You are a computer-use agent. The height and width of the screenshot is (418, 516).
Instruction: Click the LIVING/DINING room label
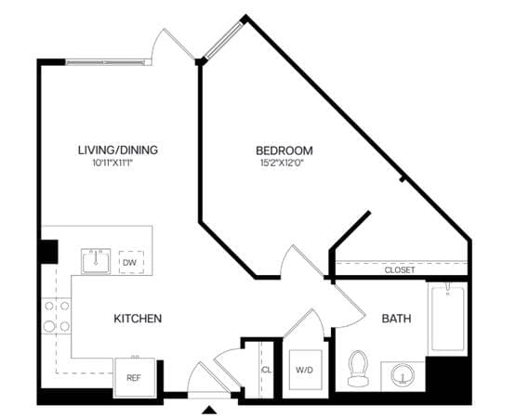click(118, 150)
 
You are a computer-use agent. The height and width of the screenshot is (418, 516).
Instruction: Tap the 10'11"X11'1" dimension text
click(112, 163)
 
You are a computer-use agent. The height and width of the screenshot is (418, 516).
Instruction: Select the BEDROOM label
click(284, 150)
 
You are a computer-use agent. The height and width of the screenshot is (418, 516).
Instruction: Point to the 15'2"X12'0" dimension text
click(282, 163)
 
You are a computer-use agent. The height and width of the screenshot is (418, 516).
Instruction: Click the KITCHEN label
click(138, 319)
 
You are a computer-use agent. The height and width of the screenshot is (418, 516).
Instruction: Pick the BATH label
click(396, 319)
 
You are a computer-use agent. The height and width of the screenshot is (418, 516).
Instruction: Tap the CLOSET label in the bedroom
click(400, 270)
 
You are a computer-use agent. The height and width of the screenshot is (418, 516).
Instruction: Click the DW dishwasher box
click(131, 262)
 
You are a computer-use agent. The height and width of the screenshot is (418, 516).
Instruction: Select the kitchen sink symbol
click(96, 261)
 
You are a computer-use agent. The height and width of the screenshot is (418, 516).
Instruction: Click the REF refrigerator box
click(135, 378)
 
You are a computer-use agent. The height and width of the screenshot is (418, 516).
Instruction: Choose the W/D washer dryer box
click(305, 370)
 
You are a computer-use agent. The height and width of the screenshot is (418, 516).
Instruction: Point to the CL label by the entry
click(267, 370)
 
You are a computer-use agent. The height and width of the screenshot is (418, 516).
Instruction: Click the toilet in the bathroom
click(358, 369)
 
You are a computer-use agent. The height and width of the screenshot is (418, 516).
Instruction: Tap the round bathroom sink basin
click(403, 374)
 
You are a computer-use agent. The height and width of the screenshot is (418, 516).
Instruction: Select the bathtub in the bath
click(447, 319)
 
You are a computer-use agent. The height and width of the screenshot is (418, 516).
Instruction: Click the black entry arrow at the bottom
click(209, 410)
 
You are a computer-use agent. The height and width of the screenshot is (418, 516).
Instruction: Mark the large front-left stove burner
click(49, 327)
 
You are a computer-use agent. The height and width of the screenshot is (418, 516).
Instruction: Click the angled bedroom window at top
click(223, 40)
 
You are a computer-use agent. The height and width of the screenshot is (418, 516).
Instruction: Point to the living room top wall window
click(105, 62)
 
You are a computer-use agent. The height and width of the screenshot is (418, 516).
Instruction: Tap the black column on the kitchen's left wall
click(48, 252)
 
